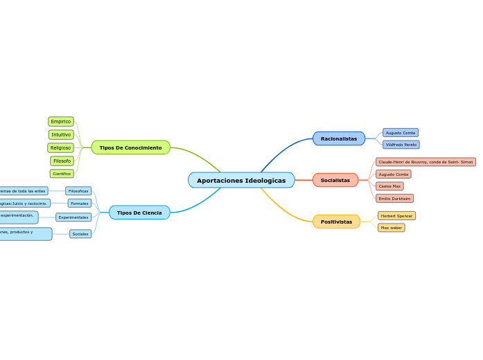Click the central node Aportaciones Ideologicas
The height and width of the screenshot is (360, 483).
(x=241, y=180)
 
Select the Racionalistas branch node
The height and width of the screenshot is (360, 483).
(x=338, y=138)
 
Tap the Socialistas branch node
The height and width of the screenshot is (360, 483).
(x=335, y=180)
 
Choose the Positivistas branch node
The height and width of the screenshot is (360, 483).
(x=336, y=222)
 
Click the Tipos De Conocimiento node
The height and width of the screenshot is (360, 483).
(x=130, y=147)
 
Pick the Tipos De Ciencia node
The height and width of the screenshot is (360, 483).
(x=139, y=213)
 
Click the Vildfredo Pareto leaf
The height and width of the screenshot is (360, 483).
(x=401, y=145)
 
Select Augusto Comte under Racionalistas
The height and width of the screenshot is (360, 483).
(x=401, y=132)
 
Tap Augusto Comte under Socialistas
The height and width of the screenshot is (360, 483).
(x=394, y=174)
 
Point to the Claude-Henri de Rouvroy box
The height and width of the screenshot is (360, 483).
(x=425, y=162)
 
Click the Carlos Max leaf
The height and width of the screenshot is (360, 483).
(x=389, y=186)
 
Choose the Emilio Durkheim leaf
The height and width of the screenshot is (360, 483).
(x=394, y=198)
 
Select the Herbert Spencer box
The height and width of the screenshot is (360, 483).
(x=396, y=216)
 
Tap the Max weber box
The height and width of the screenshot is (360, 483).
(x=392, y=228)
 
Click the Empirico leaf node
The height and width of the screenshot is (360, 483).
(x=61, y=122)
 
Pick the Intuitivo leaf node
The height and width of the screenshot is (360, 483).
(x=61, y=134)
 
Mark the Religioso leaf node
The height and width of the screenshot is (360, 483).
(x=60, y=147)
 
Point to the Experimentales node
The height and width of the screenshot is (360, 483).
(x=73, y=217)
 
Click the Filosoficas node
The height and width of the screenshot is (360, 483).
(x=78, y=191)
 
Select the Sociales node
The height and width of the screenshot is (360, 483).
(x=80, y=234)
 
